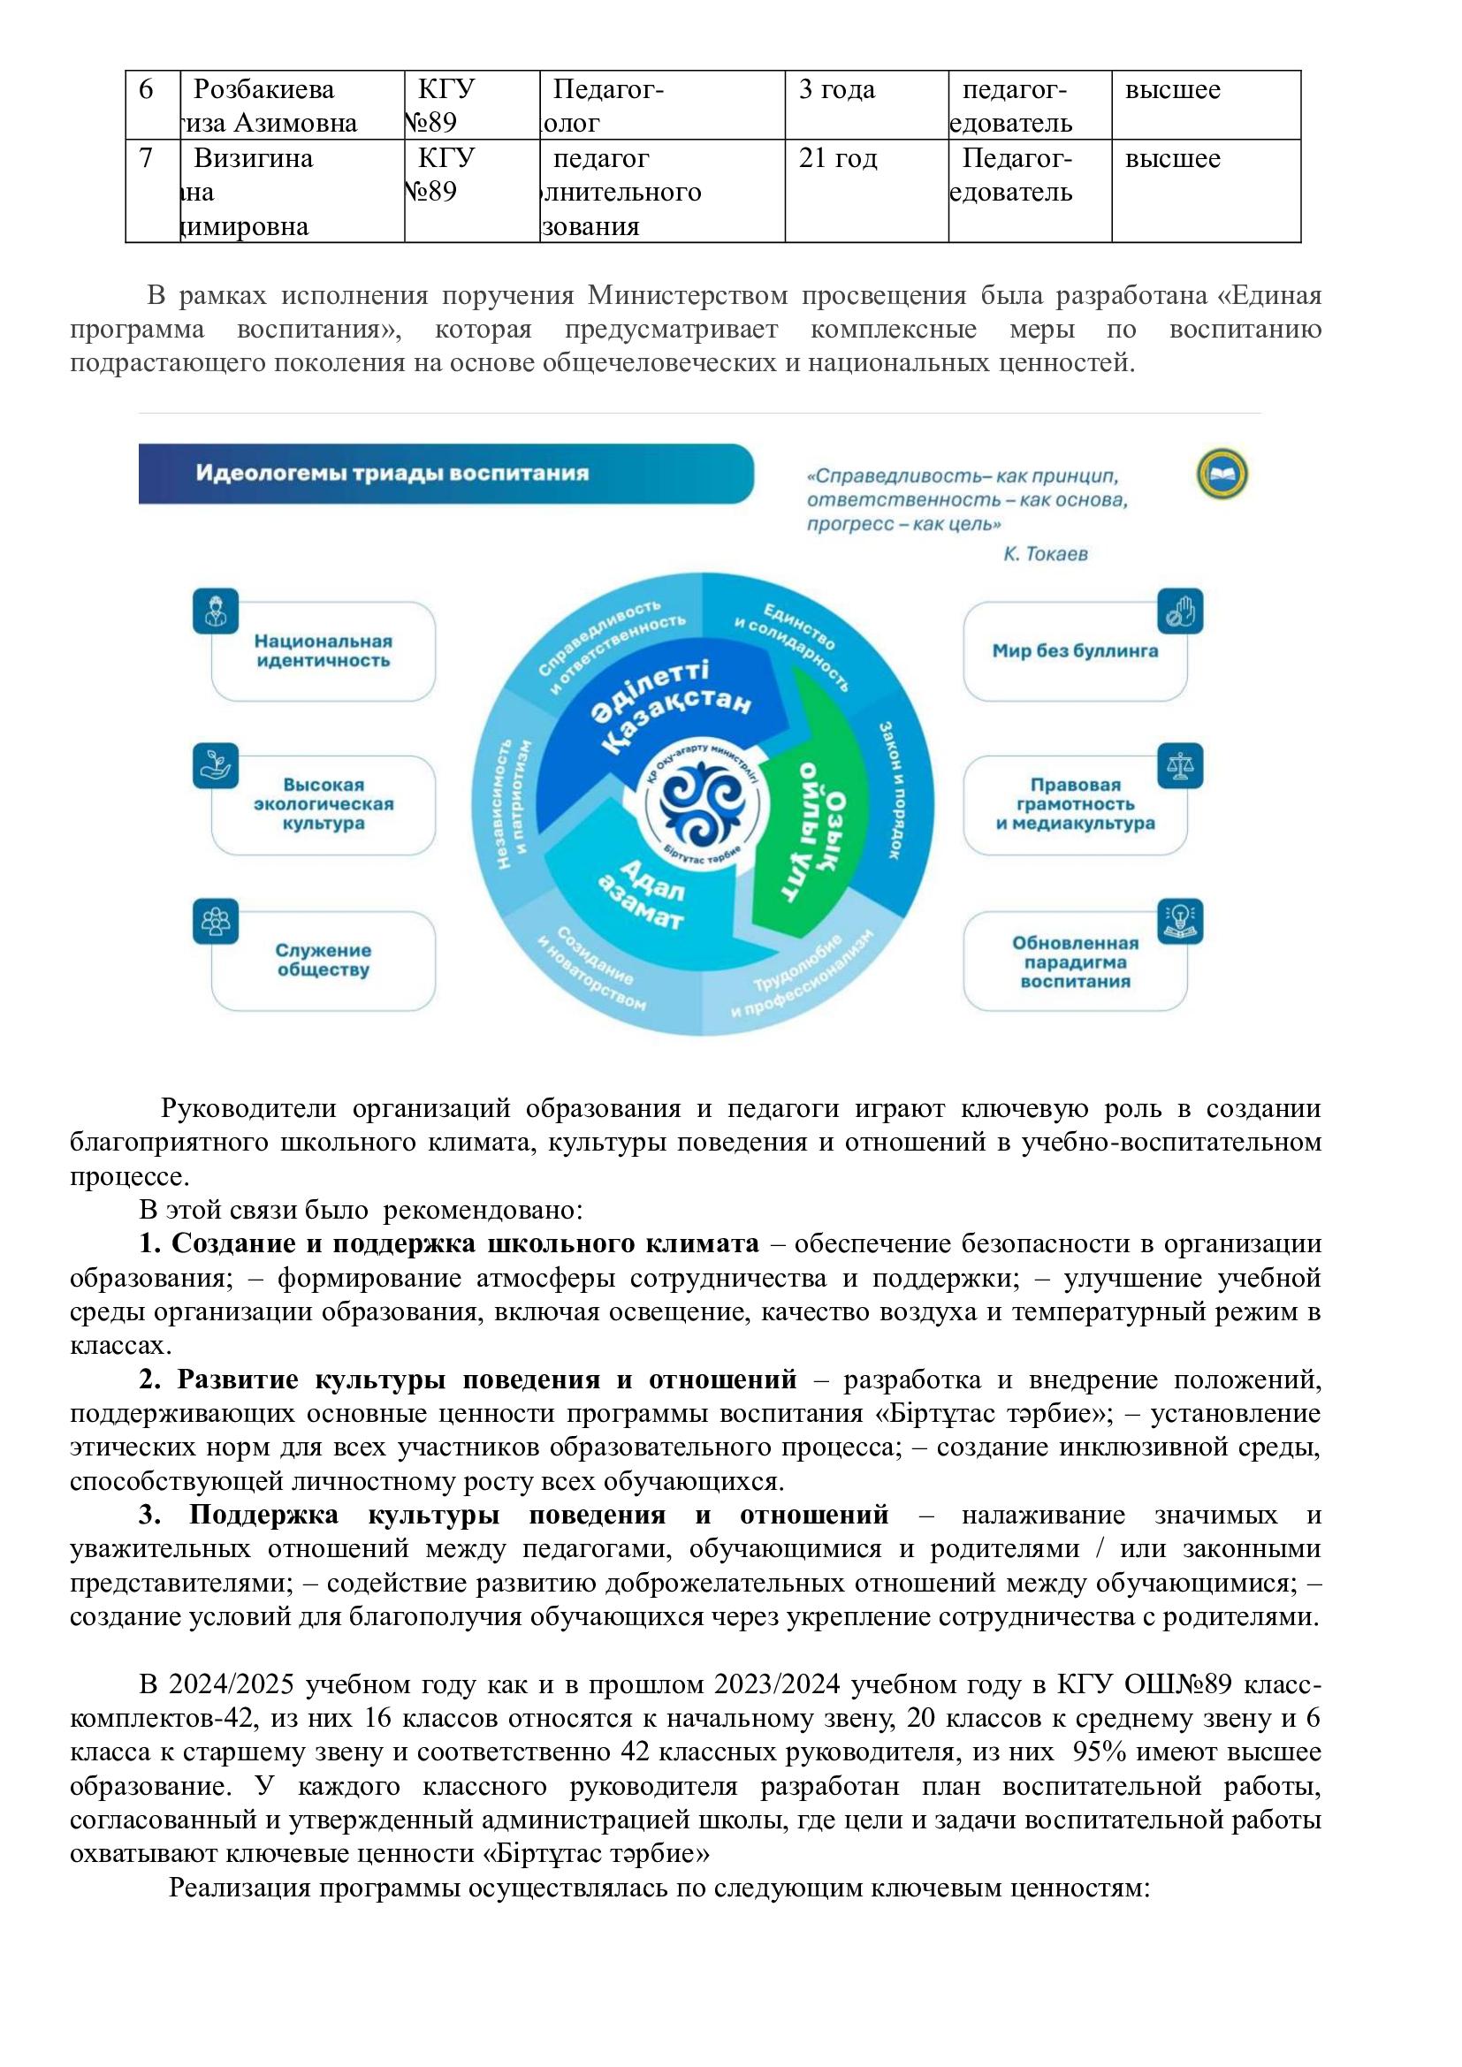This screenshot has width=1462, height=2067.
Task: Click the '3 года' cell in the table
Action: click(x=836, y=90)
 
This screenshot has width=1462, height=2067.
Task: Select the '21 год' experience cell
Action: click(x=837, y=159)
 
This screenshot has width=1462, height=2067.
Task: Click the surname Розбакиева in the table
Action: click(x=263, y=90)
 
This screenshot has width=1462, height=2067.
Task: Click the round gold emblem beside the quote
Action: click(x=1222, y=475)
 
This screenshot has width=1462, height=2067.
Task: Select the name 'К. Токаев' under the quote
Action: click(x=1045, y=554)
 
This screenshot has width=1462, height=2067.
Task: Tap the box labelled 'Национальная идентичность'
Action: click(x=324, y=651)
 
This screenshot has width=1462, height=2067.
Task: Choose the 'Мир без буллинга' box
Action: click(x=1075, y=651)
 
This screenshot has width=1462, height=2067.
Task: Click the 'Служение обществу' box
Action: click(x=324, y=960)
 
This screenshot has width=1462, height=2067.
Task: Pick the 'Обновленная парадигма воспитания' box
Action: click(x=1075, y=961)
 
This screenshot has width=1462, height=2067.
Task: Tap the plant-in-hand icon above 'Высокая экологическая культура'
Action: click(x=216, y=766)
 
